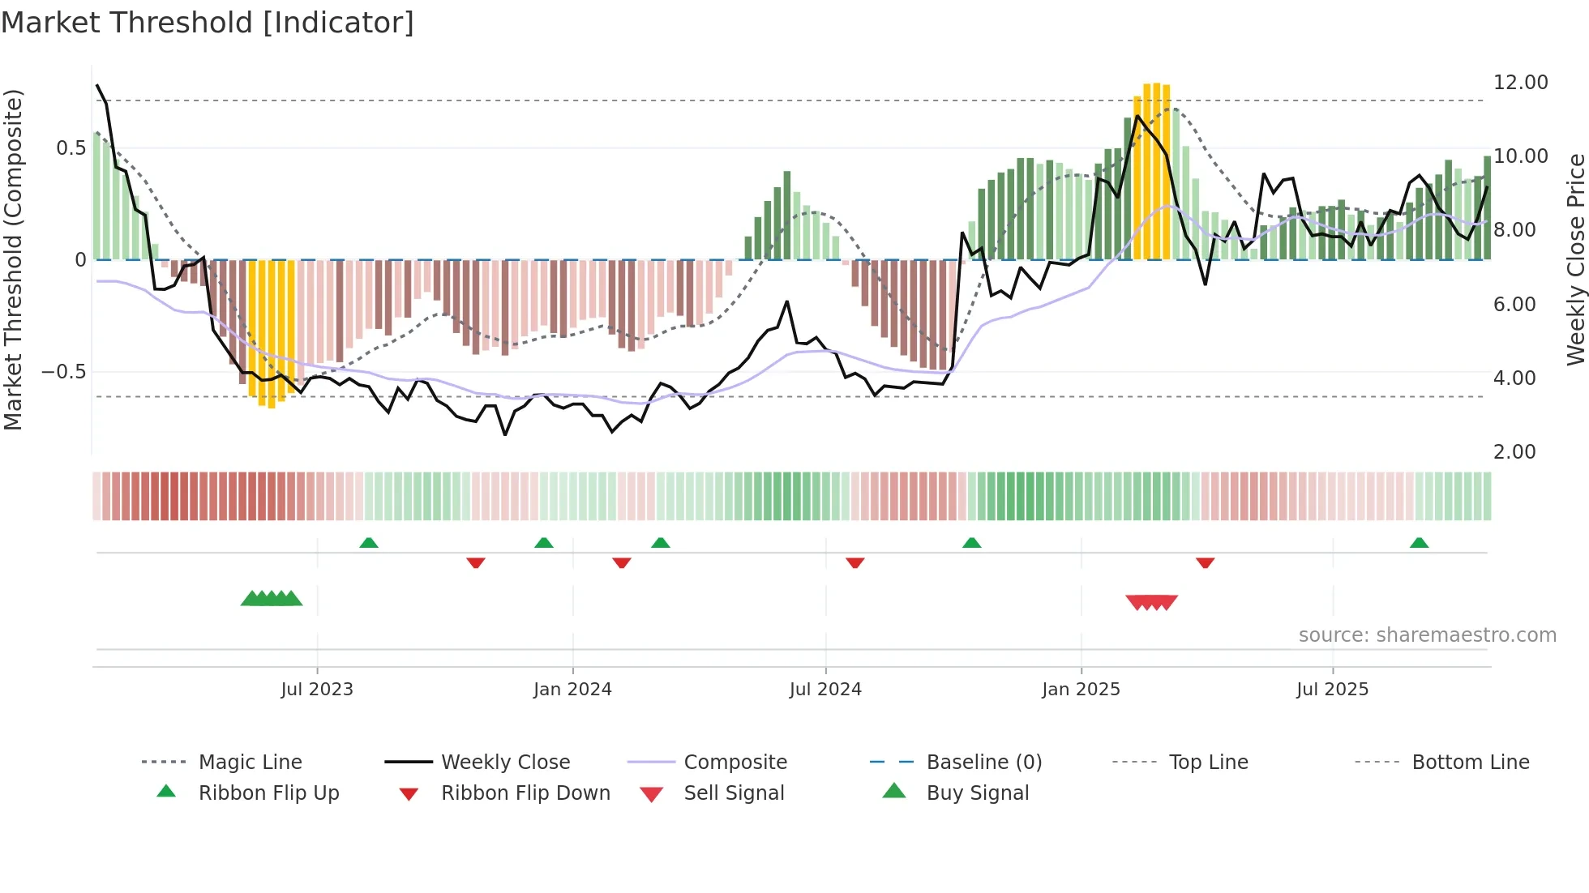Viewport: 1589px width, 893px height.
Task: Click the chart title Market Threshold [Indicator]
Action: (x=208, y=23)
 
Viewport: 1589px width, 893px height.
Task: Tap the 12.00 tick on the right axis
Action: (x=1520, y=83)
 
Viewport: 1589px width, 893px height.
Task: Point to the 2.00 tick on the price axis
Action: (x=1514, y=452)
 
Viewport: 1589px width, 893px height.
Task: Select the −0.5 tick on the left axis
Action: (x=63, y=372)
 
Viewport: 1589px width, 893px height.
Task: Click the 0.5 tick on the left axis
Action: (x=71, y=148)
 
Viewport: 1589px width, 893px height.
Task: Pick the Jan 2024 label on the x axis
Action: (x=572, y=690)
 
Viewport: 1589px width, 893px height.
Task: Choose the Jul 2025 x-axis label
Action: (x=1332, y=690)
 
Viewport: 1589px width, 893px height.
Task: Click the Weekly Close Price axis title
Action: (x=1575, y=259)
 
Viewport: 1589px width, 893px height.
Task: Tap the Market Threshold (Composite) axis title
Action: (x=13, y=259)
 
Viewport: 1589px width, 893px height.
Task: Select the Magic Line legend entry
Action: (x=250, y=763)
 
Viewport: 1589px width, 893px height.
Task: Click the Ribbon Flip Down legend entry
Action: (x=525, y=793)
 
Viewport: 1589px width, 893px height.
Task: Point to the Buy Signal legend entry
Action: (x=977, y=793)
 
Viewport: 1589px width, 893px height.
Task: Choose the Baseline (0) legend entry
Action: (x=983, y=763)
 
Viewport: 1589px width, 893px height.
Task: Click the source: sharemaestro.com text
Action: (x=1427, y=635)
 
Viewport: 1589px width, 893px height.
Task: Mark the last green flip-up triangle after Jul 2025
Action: (x=1419, y=543)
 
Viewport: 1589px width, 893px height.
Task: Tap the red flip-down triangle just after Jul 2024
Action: (x=854, y=562)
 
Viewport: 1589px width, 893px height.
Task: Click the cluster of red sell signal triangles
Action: (x=1151, y=602)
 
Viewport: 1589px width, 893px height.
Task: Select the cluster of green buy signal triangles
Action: (x=272, y=599)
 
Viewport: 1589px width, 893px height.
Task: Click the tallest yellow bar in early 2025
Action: (x=1157, y=170)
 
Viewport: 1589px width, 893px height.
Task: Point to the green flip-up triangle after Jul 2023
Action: (x=369, y=543)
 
